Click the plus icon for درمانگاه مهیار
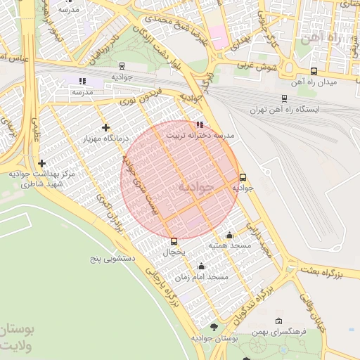coord(105,127)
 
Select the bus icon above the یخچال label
coord(174,242)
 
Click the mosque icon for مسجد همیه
coord(229,236)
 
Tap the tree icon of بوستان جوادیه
coord(214,328)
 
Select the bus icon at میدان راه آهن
coord(314,71)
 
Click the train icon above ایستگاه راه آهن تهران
coord(284,98)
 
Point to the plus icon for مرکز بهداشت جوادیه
coord(42,163)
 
